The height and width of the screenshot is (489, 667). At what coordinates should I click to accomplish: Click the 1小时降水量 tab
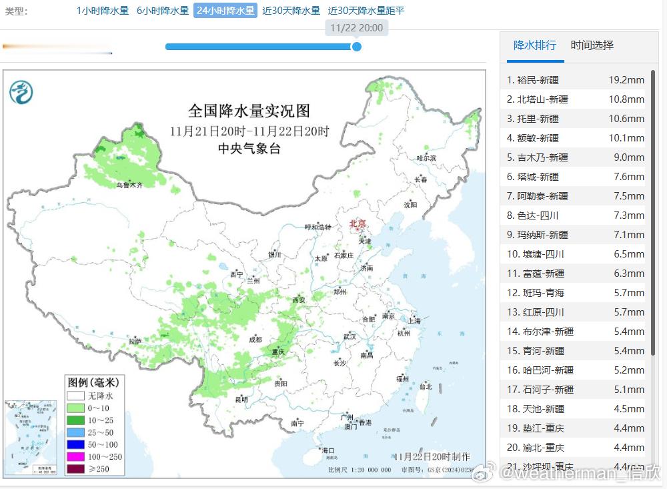[103, 11]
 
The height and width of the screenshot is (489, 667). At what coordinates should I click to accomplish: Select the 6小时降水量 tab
[163, 11]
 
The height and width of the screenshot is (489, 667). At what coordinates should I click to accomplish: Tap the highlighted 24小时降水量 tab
[225, 11]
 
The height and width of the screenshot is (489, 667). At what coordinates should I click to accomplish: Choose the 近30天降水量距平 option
[366, 11]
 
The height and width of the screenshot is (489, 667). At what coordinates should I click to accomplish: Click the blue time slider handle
[357, 47]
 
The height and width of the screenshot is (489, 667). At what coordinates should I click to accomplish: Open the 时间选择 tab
[592, 45]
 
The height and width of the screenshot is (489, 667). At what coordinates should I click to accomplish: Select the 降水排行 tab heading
[534, 45]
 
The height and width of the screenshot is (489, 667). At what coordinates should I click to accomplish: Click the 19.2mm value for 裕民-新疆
[626, 80]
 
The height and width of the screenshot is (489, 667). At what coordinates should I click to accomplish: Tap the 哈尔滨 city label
[426, 158]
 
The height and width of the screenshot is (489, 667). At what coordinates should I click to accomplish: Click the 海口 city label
[327, 450]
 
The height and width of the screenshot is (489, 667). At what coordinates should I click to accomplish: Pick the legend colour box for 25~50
[75, 432]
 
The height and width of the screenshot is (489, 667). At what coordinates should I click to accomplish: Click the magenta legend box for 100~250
[75, 456]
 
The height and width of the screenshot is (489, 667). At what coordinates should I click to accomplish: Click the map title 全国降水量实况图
[249, 111]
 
